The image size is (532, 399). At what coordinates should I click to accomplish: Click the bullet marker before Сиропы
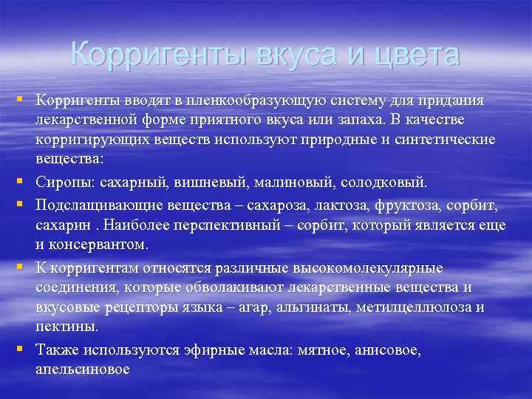click(24, 180)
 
